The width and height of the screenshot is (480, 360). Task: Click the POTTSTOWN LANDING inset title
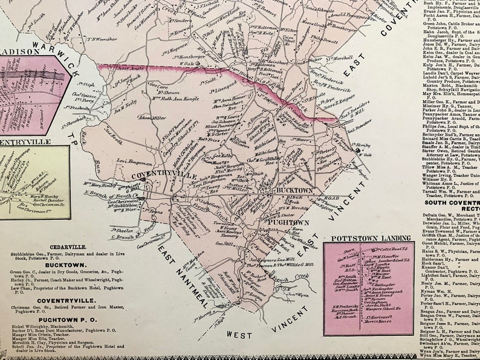click(367, 239)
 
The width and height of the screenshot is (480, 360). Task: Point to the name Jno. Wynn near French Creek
click(292, 294)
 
